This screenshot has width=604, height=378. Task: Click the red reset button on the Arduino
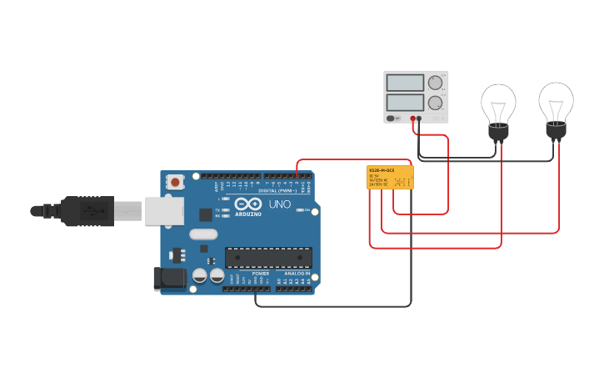click(175, 182)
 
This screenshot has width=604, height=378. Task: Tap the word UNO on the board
click(280, 204)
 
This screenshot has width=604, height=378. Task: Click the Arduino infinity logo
click(247, 204)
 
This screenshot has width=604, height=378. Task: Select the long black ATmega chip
click(268, 257)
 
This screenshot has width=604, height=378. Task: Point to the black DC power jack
click(170, 279)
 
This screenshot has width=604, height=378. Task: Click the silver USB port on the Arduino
click(164, 210)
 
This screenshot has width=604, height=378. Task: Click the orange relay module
click(390, 178)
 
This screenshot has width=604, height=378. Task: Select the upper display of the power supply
click(406, 83)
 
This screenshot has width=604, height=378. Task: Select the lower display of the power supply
click(406, 103)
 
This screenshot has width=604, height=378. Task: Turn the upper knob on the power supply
click(435, 83)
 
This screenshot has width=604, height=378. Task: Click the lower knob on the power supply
click(435, 103)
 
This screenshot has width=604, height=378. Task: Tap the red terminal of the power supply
click(412, 118)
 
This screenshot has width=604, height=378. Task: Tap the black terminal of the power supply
click(419, 118)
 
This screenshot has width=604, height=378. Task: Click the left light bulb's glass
click(498, 102)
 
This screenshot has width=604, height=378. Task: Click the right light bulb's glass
click(556, 99)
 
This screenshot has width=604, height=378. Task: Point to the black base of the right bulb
click(556, 129)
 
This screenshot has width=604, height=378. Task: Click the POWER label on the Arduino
click(261, 274)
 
